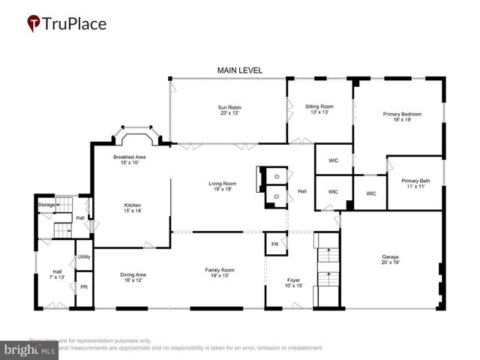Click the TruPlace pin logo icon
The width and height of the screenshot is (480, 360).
click(34, 24)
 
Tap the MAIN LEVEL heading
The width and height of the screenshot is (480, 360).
click(240, 70)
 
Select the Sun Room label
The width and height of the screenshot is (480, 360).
click(229, 110)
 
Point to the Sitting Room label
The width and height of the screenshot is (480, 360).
click(319, 109)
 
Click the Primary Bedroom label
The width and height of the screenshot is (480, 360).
click(402, 116)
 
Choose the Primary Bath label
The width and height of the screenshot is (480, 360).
click(414, 183)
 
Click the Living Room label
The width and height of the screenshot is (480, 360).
click(222, 186)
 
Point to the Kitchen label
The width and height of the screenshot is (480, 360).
click(133, 208)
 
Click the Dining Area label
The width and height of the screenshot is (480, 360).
click(133, 277)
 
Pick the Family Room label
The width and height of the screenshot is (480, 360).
click(220, 272)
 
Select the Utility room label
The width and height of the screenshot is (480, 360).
click(83, 257)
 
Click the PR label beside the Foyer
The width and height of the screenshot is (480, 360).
click(275, 244)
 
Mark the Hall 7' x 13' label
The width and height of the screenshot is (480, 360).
click(57, 274)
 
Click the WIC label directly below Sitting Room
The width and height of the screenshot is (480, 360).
click(333, 160)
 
